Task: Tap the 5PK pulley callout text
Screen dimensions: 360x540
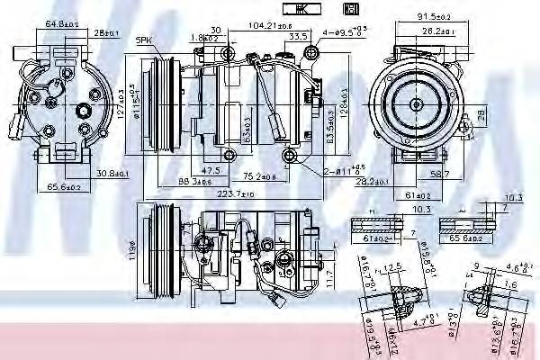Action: point(143,40)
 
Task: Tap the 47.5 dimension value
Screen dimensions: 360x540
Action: point(211,169)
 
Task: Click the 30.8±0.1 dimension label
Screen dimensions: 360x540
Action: point(114,173)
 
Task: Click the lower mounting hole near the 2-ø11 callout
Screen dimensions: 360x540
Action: point(289,159)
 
